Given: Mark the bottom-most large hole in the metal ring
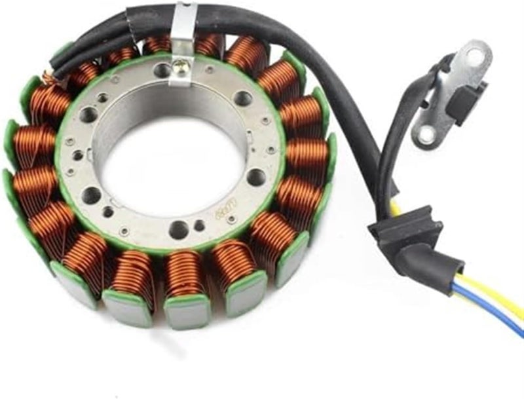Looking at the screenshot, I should coord(178,229).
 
